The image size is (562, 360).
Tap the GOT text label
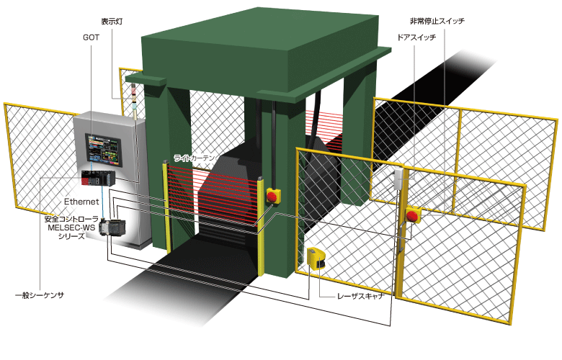[x=91, y=36]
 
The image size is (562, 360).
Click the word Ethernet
[x=81, y=202]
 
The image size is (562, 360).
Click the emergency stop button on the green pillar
[x=273, y=195]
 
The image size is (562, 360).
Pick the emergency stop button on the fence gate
[x=414, y=215]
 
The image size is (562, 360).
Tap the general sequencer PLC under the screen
[x=97, y=179]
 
